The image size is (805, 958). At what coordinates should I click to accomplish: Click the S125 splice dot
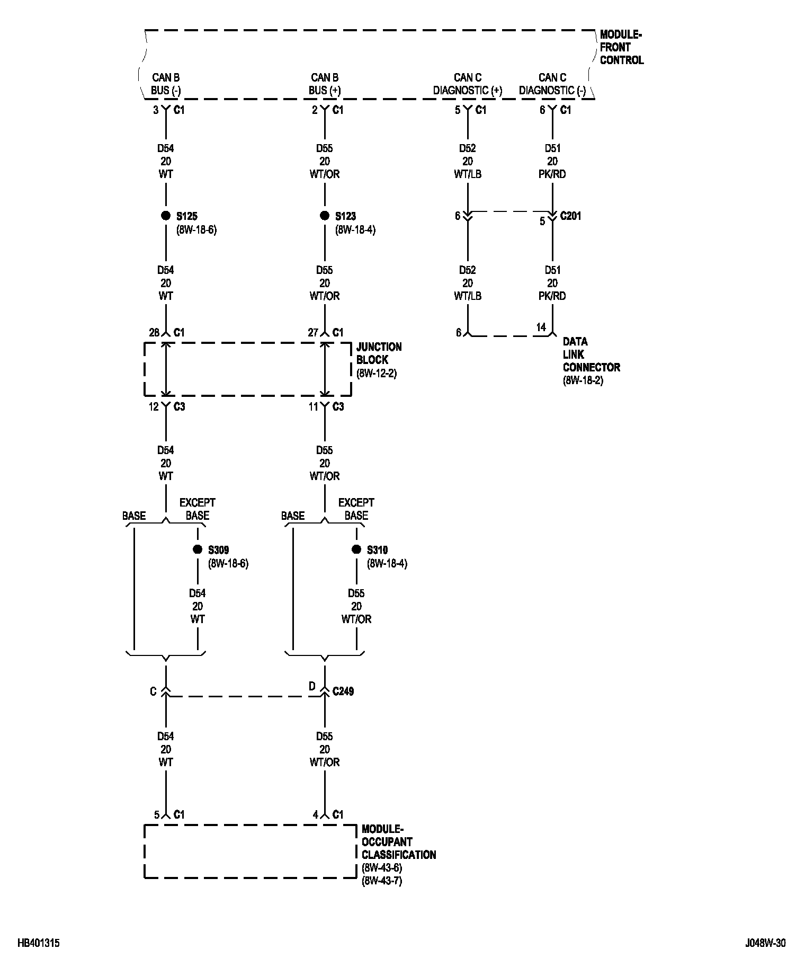166,216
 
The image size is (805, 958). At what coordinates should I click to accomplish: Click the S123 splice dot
325,216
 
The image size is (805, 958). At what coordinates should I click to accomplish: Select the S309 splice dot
198,549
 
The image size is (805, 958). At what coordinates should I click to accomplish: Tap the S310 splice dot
356,549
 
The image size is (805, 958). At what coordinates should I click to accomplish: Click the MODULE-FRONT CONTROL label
621,48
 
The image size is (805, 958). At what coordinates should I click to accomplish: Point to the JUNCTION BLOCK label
379,353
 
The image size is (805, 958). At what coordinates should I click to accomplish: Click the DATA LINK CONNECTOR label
591,354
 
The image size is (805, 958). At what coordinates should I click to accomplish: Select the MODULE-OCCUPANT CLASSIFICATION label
398,842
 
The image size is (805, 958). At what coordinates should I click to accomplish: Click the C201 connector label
570,216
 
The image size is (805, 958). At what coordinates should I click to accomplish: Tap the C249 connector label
343,691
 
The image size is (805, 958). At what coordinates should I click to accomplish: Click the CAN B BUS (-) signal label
166,84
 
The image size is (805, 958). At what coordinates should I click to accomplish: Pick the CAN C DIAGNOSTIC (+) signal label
467,84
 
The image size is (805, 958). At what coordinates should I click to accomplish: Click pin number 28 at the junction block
154,333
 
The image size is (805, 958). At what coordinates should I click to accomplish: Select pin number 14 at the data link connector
541,327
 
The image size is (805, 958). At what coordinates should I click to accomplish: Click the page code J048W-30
765,943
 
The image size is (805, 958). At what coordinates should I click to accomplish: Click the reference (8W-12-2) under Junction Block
377,374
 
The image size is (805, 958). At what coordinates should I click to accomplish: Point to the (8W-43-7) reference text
382,882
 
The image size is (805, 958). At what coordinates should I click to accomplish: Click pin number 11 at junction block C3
314,407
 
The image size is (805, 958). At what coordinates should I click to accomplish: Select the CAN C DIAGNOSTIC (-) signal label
552,84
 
